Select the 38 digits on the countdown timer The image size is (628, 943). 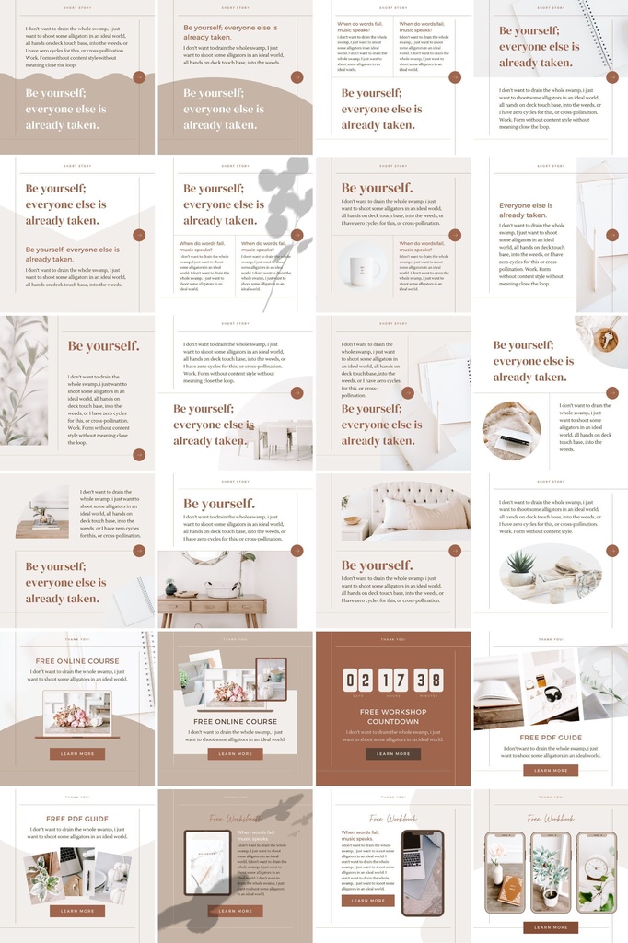(x=427, y=680)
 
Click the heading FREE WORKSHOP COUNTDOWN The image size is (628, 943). (x=393, y=716)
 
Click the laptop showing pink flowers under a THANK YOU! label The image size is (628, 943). (x=77, y=713)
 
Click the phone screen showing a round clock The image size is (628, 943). (x=597, y=872)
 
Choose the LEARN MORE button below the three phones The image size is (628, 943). (x=551, y=927)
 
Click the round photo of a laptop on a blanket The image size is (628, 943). (x=512, y=430)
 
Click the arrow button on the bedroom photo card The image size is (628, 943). (x=454, y=551)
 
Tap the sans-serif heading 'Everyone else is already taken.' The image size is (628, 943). (x=526, y=210)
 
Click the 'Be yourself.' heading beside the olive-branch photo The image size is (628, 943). (x=104, y=346)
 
